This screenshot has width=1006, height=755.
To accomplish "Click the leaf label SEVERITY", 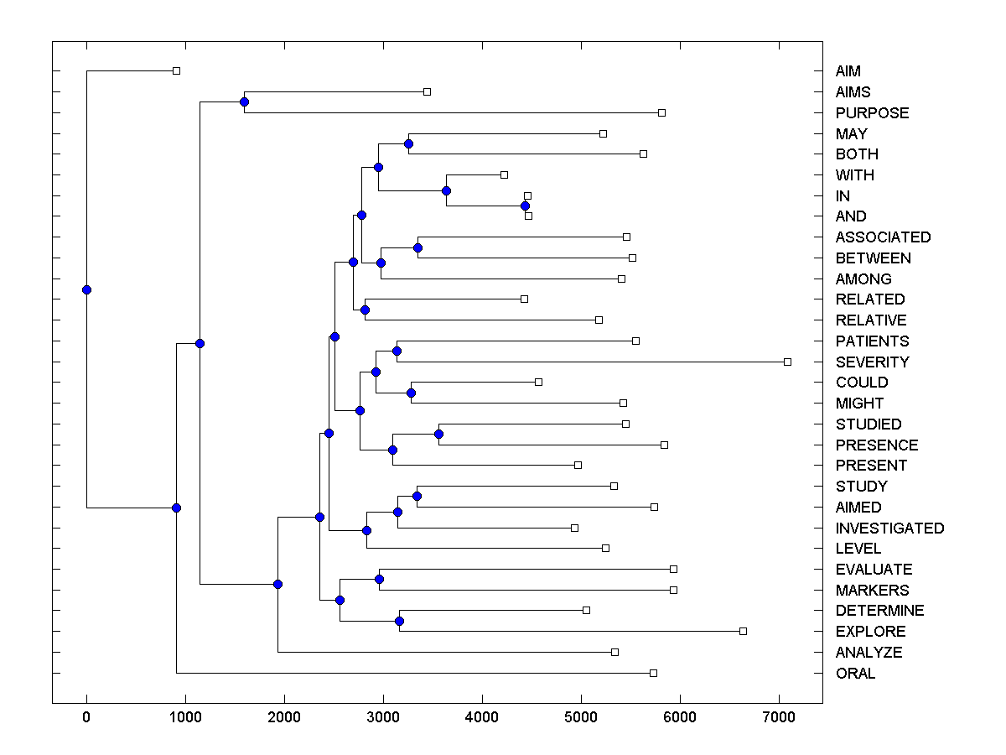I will pyautogui.click(x=872, y=362).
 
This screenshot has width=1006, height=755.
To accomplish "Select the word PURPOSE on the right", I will pyautogui.click(x=872, y=112).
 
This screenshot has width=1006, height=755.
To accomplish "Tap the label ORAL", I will pyautogui.click(x=855, y=673).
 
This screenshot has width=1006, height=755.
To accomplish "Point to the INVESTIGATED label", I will pyautogui.click(x=889, y=528).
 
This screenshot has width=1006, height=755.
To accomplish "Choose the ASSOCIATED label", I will pyautogui.click(x=883, y=237).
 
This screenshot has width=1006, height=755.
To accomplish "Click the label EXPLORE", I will pyautogui.click(x=870, y=632).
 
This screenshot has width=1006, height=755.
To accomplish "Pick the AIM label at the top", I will pyautogui.click(x=848, y=71).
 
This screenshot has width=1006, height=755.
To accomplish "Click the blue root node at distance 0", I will pyautogui.click(x=86, y=289).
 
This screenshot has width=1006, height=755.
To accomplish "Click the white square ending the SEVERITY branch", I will pyautogui.click(x=787, y=362).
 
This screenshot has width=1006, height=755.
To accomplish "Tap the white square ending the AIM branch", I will pyautogui.click(x=176, y=70).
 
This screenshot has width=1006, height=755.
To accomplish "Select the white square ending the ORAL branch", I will pyautogui.click(x=653, y=673).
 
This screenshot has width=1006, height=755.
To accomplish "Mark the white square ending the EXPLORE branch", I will pyautogui.click(x=743, y=631).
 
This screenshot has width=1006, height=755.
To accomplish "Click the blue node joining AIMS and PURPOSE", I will pyautogui.click(x=244, y=102).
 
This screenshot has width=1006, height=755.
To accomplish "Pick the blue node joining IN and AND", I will pyautogui.click(x=525, y=206).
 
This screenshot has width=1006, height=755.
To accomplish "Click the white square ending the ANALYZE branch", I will pyautogui.click(x=614, y=652).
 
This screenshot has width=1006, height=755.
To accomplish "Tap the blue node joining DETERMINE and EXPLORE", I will pyautogui.click(x=399, y=621).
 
